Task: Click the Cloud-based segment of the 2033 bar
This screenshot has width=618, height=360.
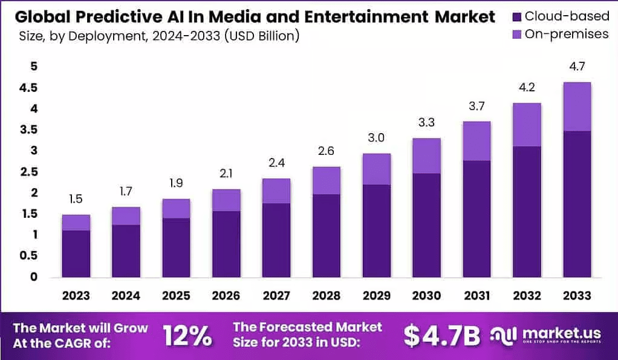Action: tap(576, 204)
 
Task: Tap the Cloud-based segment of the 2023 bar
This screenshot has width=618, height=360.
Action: tap(76, 254)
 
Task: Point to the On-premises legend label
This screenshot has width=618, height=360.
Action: tap(566, 34)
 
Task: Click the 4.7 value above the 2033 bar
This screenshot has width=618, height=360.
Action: tap(576, 67)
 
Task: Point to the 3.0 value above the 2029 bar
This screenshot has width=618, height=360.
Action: tap(376, 138)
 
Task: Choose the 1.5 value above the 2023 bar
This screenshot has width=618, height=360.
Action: tap(76, 199)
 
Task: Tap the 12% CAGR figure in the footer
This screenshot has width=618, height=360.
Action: tap(187, 335)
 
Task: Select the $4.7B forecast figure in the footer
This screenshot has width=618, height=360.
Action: tap(441, 335)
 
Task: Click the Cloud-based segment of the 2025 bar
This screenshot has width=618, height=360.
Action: tap(175, 247)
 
